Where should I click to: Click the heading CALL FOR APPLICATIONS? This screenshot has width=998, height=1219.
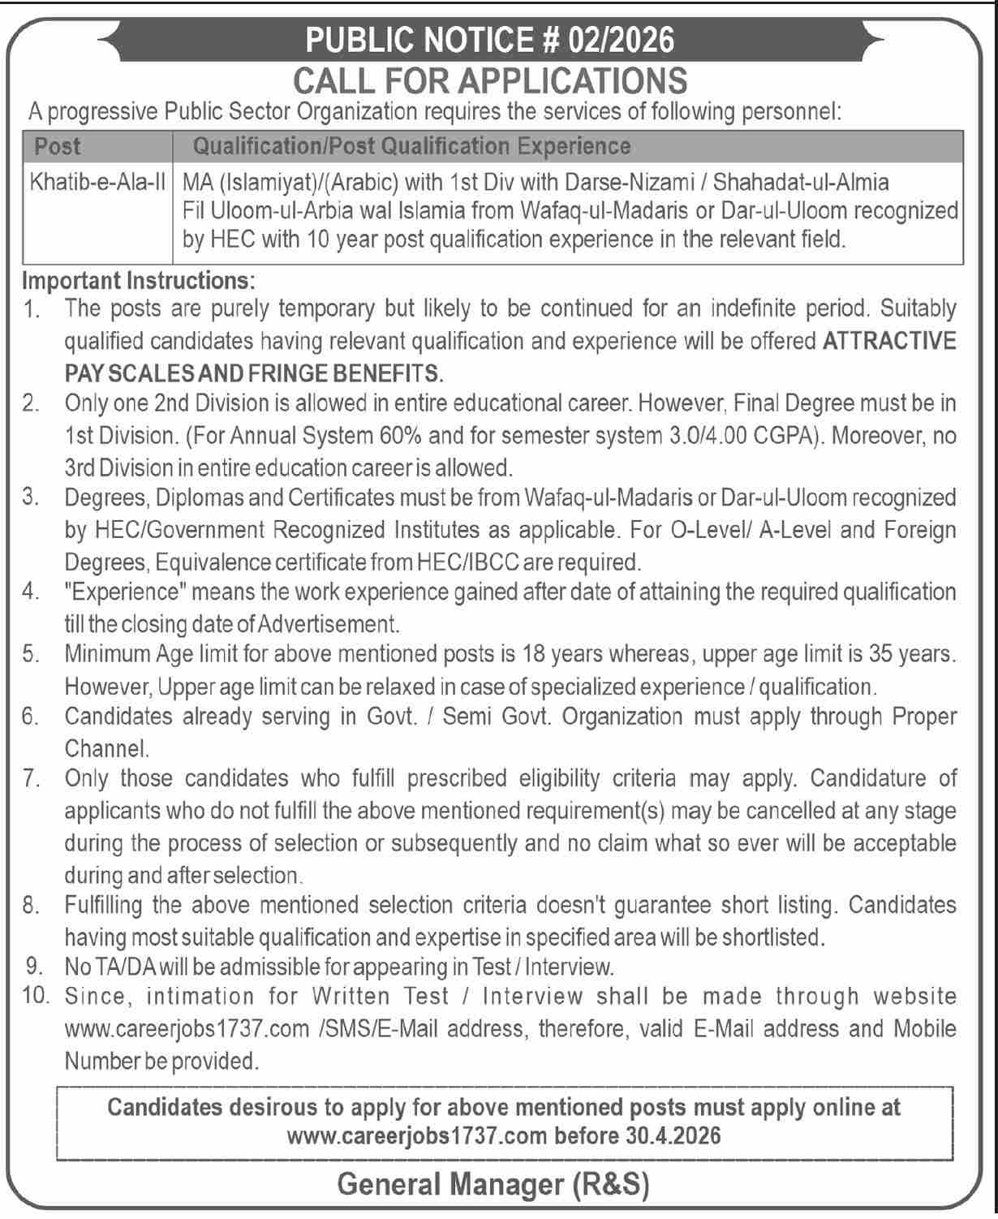click(490, 80)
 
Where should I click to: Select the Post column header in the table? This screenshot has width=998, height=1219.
click(58, 147)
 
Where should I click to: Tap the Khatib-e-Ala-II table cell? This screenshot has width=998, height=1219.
click(98, 182)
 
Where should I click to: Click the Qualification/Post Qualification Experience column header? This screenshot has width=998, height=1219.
click(411, 147)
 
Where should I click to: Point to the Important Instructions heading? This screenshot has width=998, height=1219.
click(139, 281)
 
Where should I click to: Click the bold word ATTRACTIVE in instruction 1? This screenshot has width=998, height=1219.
click(889, 342)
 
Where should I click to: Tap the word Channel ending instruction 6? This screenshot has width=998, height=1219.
click(106, 748)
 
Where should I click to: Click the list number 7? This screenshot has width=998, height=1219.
click(32, 779)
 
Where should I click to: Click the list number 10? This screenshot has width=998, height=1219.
click(36, 997)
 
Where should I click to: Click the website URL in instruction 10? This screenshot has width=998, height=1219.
click(187, 1029)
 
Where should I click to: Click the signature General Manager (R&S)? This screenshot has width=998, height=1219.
click(493, 1185)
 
